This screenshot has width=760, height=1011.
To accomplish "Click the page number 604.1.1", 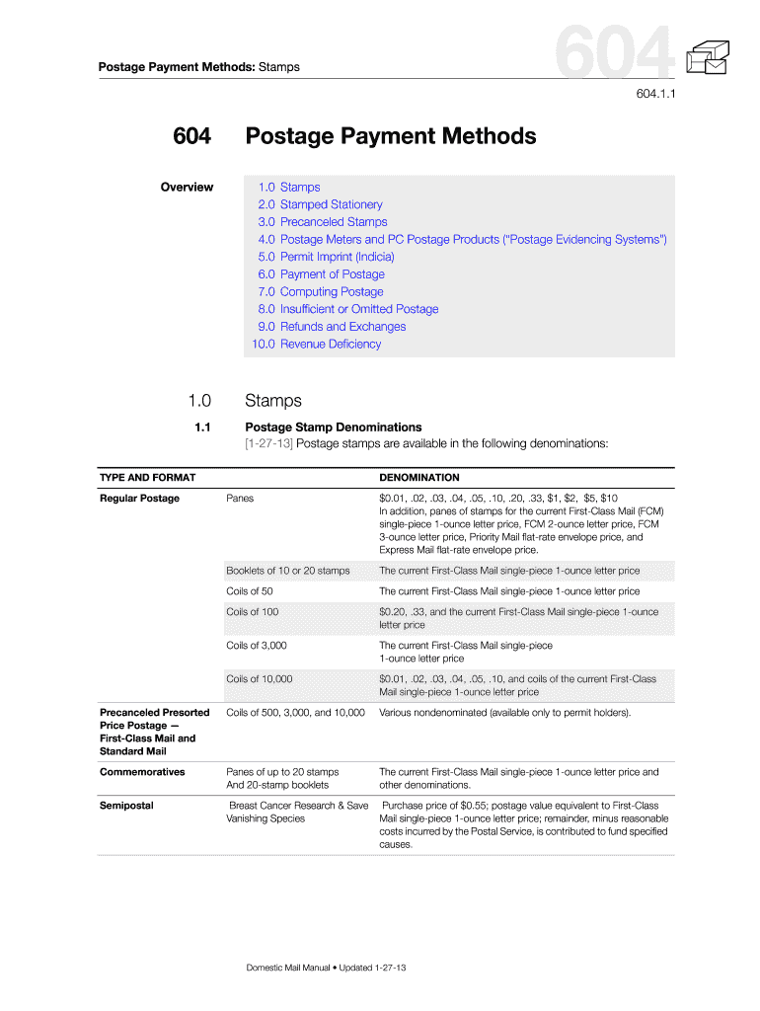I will coord(652,96).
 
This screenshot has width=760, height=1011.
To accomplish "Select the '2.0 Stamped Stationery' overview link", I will coord(320,204).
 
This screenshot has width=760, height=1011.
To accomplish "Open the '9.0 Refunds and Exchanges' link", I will coord(332,327).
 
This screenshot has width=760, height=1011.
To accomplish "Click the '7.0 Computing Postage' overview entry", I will coord(321,292).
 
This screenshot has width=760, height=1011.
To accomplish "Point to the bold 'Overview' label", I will coord(187,188).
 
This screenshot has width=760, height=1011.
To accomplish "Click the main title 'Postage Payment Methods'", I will coord(391,136).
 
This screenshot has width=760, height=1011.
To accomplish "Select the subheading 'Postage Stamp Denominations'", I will coord(333,428).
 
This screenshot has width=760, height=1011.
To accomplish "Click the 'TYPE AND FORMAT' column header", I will coord(148,478).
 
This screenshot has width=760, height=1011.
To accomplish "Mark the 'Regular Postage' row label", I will coord(140,499).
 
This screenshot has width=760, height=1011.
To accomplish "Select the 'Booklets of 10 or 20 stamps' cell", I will coord(288,571).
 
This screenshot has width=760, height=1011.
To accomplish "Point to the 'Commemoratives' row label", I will coord(142,772).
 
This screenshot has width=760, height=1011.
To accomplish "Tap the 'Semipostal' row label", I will coord(126,806).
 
